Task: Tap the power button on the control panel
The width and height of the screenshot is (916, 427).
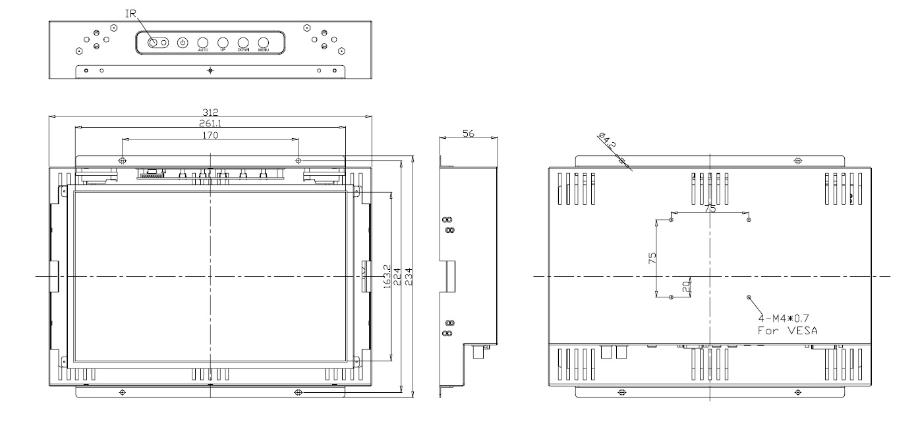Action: pyautogui.click(x=183, y=43)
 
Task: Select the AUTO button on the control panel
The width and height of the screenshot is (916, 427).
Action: pyautogui.click(x=203, y=43)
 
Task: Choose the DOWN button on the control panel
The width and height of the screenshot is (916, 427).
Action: pyautogui.click(x=243, y=43)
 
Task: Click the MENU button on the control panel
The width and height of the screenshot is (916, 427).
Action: pyautogui.click(x=264, y=43)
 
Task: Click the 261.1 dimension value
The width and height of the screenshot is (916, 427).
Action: pyautogui.click(x=210, y=124)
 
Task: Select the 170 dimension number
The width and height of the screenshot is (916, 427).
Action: pyautogui.click(x=209, y=136)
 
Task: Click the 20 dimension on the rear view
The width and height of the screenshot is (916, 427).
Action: pyautogui.click(x=685, y=287)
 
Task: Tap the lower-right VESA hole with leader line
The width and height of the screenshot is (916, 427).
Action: pyautogui.click(x=749, y=297)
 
